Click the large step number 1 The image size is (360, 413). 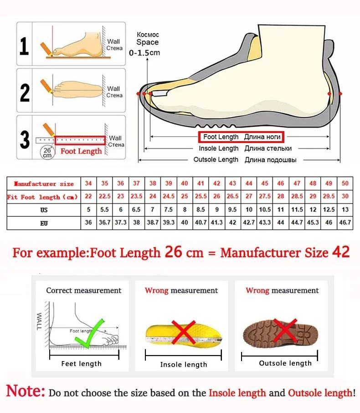click(25, 46)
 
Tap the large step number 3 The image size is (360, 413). click(25, 139)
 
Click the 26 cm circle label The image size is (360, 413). click(47, 152)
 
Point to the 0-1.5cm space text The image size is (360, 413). click(144, 53)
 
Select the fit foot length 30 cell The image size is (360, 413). click(345, 197)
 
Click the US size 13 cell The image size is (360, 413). click(345, 210)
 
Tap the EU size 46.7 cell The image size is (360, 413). click(345, 223)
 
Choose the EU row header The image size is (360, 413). click(43, 223)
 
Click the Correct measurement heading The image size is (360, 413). click(84, 291)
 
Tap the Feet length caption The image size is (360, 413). click(82, 364)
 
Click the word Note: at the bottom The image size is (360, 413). click(26, 391)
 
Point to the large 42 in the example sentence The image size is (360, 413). click(339, 252)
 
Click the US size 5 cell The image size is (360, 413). click(88, 210)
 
